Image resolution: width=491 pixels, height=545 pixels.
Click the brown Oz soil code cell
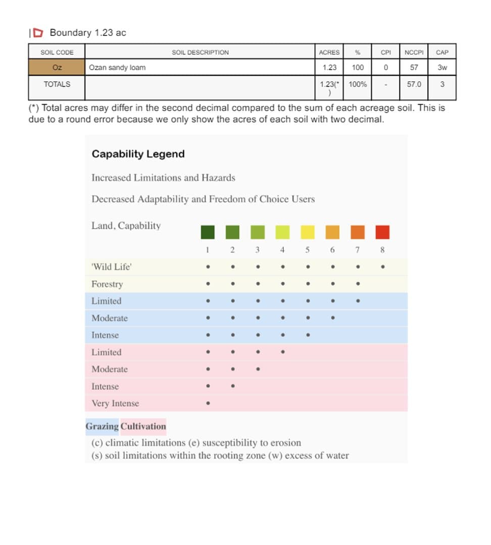click(57, 67)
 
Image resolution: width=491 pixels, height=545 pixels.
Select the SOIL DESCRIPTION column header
click(200, 52)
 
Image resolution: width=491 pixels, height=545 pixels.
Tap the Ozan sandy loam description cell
click(117, 67)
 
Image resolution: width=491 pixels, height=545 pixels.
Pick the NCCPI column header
click(414, 52)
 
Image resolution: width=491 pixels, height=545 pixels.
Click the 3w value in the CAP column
click(442, 67)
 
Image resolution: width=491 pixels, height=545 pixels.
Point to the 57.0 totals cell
click(414, 84)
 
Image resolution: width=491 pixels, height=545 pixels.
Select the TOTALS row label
click(57, 84)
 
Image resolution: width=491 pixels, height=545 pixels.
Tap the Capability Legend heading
click(138, 154)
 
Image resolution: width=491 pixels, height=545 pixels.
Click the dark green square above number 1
click(208, 232)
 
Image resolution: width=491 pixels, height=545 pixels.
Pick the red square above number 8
click(382, 232)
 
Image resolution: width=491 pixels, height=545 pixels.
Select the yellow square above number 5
click(308, 232)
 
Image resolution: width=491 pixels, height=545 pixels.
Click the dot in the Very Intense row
click(208, 403)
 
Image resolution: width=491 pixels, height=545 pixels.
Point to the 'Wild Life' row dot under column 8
click(382, 267)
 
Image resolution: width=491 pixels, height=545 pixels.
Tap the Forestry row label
click(107, 284)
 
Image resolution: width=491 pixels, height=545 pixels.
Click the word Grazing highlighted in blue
click(102, 426)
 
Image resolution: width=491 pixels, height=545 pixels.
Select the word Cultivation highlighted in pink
click(143, 426)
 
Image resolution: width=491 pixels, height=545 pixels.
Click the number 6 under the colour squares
click(332, 250)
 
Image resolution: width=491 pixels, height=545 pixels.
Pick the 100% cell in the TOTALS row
click(358, 84)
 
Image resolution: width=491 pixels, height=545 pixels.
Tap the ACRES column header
click(329, 52)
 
